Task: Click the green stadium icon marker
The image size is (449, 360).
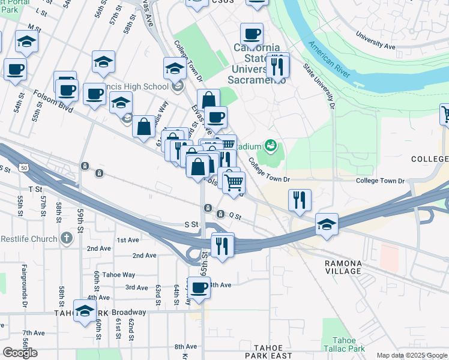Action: pos(271,145)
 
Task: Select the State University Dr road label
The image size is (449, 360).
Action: pos(318,86)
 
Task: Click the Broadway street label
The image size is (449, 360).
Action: pos(129,312)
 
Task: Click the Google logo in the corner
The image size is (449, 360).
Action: pos(20,353)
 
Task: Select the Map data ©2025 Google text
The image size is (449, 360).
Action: pos(412,355)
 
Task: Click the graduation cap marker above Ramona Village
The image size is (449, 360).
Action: pos(327,224)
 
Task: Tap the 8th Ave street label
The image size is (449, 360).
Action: pos(185,346)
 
